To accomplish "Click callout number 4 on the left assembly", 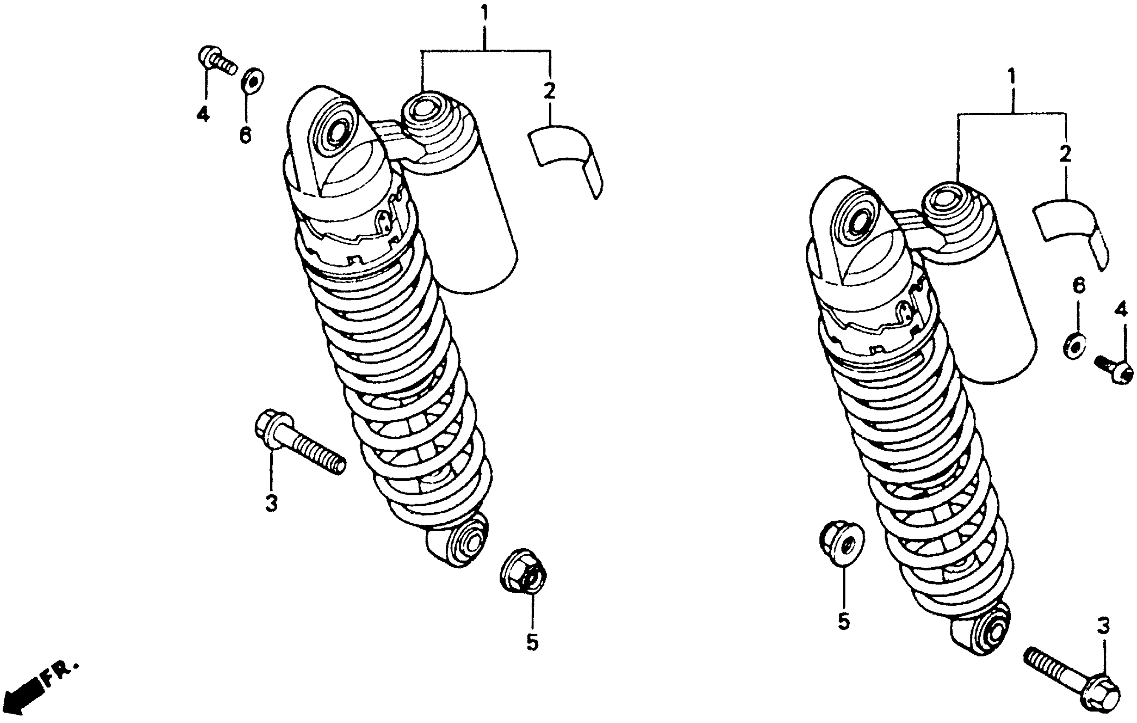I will pos(203,114).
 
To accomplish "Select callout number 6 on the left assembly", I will pos(245,135).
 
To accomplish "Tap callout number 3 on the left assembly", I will pos(271,503).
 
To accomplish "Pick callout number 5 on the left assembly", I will pos(532,642).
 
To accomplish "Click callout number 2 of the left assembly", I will pos(549,91).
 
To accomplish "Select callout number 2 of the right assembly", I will pos(1065,154).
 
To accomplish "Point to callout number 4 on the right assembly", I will pos(1121,310).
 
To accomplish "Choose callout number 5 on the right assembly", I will pos(844,621).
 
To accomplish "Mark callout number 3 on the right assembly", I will pos(1103,626).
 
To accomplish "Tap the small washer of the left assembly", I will pos(252,81).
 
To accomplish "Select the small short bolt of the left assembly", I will pos(216,60).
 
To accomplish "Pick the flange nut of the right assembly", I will pos(842,544).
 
